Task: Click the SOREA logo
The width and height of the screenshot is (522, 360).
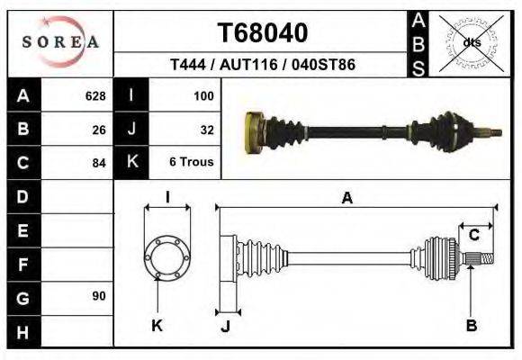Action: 60,42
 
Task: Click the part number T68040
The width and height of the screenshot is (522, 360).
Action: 263,33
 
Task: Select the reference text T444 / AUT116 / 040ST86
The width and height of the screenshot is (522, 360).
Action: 262,65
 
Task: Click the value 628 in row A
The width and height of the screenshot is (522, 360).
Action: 95,95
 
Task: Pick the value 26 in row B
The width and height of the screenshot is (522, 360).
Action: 99,129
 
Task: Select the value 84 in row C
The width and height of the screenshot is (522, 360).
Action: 99,163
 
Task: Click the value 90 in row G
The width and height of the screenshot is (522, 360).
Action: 99,296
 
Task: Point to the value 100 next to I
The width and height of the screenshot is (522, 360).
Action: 203,95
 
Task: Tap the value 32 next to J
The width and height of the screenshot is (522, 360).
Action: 206,129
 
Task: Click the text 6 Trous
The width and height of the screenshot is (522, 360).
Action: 192,163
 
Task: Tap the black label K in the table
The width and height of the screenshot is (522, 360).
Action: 131,162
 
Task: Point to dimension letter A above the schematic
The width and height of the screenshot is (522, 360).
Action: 346,198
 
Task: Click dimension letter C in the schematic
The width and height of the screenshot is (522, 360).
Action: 473,236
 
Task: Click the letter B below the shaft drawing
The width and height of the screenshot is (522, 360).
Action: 471,326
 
